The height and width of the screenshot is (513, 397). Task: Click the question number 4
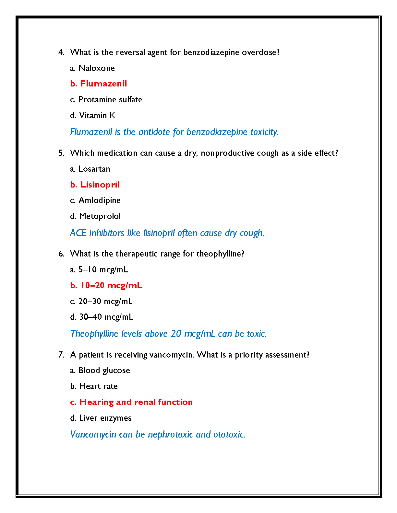coord(61,52)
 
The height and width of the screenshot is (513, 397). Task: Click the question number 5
coord(61,153)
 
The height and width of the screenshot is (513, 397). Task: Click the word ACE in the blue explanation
coord(78,233)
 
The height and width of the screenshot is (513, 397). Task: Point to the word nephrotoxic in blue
coord(170,435)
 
